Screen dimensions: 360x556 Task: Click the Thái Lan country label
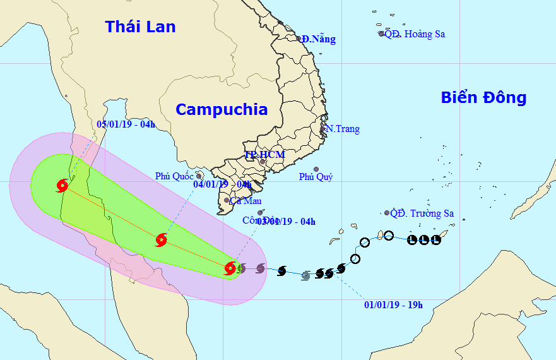tap(140, 27)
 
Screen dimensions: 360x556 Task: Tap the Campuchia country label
tap(221, 109)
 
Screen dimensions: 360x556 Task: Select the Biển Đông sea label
tap(483, 98)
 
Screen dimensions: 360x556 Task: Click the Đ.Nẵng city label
tap(319, 39)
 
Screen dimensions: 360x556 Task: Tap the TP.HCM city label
tap(265, 155)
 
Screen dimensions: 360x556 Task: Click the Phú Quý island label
tap(316, 177)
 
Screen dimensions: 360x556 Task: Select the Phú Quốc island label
tap(174, 176)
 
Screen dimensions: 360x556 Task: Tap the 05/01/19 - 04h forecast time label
tap(127, 124)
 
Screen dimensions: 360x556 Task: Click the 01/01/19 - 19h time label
tap(393, 305)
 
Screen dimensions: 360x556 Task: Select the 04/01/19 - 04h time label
tap(222, 184)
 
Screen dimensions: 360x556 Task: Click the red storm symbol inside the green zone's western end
tap(62, 186)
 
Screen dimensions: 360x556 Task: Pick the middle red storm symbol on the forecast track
tap(161, 239)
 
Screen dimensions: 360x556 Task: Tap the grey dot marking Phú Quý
tap(316, 170)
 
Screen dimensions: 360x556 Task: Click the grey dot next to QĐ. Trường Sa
tap(387, 213)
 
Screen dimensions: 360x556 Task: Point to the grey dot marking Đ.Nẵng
tap(299, 39)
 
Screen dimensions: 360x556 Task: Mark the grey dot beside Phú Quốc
tap(199, 176)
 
